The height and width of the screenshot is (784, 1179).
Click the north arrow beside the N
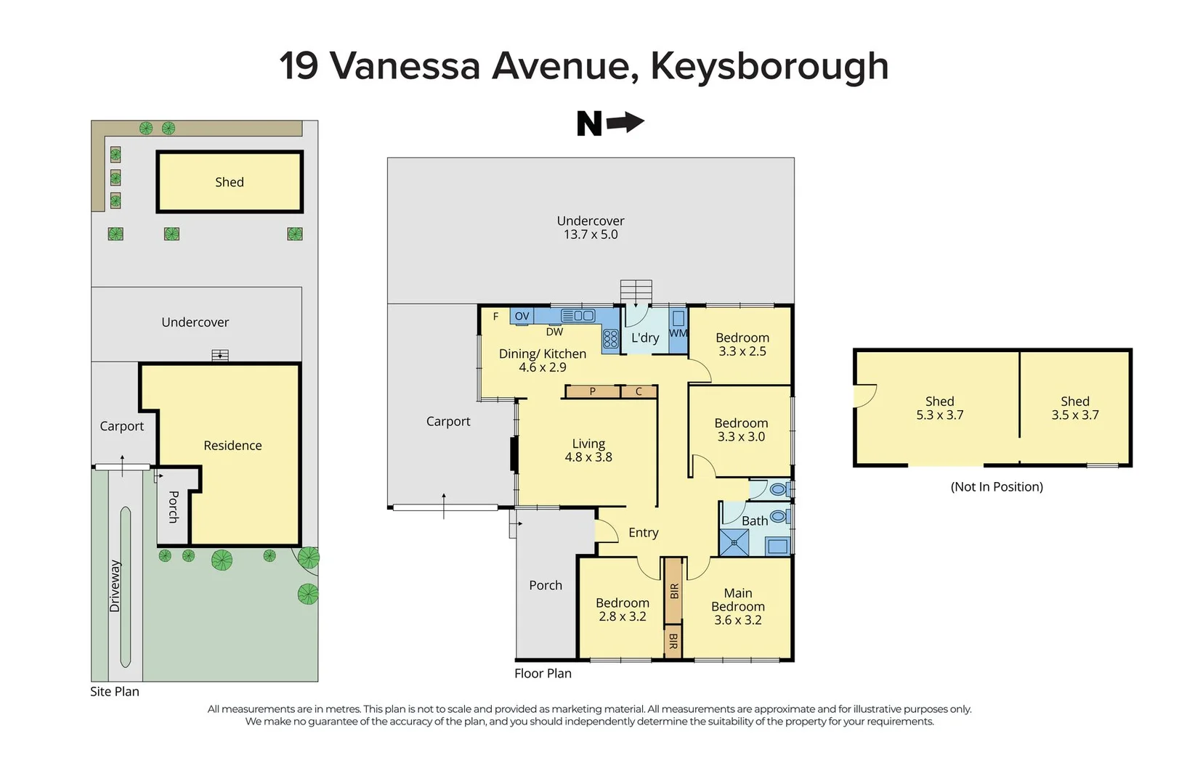[625, 123]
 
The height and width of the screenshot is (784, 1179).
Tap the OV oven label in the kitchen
[522, 316]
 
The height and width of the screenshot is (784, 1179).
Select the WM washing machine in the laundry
[678, 332]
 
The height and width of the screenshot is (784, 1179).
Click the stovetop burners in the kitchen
[610, 339]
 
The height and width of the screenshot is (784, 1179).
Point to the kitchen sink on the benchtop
[578, 316]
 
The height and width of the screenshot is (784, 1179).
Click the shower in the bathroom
[734, 542]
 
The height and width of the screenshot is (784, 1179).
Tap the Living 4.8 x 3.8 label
[588, 450]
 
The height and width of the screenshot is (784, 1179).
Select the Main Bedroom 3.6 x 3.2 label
[737, 606]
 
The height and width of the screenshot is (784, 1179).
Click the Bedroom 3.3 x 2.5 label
[742, 344]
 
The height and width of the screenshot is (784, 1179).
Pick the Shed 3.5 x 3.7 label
[1074, 408]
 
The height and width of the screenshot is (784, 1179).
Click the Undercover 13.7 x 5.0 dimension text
[591, 234]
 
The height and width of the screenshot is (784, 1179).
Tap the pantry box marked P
[593, 392]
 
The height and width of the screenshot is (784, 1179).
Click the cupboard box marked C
[639, 392]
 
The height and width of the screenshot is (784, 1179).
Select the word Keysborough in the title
[769, 66]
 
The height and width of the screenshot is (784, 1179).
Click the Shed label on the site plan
[229, 182]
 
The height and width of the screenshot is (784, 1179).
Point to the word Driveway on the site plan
[115, 586]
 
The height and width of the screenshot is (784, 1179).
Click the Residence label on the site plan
[232, 446]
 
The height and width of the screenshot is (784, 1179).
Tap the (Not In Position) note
[996, 487]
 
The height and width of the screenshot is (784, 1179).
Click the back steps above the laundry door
[636, 292]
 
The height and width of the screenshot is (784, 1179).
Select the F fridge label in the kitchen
[495, 317]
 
